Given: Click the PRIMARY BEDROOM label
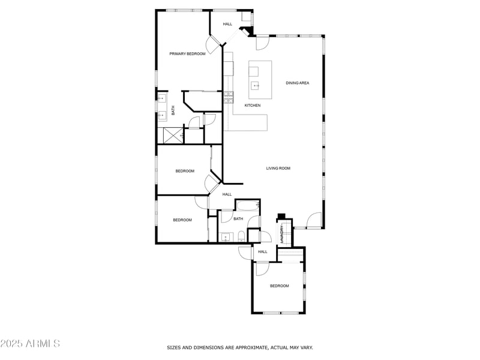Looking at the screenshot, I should pyautogui.click(x=187, y=54).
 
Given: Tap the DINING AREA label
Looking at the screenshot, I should pyautogui.click(x=297, y=83).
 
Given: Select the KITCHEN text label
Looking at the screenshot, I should pyautogui.click(x=253, y=106).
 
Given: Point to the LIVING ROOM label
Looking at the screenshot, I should pyautogui.click(x=278, y=169).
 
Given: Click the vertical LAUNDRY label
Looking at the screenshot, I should pyautogui.click(x=281, y=233).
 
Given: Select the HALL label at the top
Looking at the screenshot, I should pyautogui.click(x=227, y=24).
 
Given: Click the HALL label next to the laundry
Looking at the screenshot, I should pyautogui.click(x=263, y=252).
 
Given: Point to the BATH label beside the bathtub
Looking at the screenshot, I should pyautogui.click(x=238, y=219).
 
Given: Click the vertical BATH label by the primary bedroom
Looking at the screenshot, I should pyautogui.click(x=173, y=110).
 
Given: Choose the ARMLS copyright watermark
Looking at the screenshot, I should pyautogui.click(x=30, y=344).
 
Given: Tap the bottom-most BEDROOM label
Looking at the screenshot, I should pyautogui.click(x=279, y=286).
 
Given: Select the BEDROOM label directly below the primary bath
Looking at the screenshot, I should pyautogui.click(x=185, y=171).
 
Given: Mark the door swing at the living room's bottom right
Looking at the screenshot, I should pyautogui.click(x=313, y=221).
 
